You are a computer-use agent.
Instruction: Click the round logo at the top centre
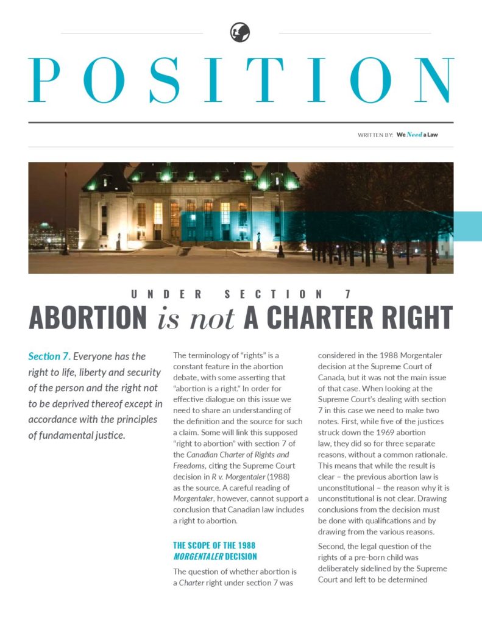click(x=240, y=32)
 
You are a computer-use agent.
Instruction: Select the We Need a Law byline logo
click(x=417, y=135)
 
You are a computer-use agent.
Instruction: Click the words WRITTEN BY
click(x=375, y=135)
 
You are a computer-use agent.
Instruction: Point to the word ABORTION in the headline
click(x=88, y=317)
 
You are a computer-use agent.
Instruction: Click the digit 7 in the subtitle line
click(x=348, y=294)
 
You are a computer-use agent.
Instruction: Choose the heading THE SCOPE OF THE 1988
click(x=214, y=545)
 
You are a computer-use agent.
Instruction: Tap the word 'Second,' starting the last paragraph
click(x=331, y=546)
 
